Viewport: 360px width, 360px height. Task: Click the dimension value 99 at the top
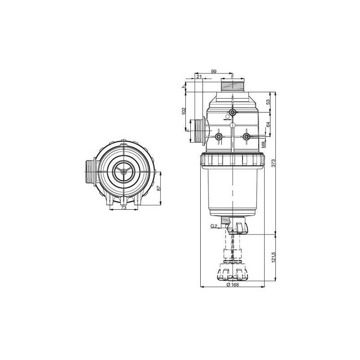[214, 72]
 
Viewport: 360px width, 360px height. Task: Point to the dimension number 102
[183, 111]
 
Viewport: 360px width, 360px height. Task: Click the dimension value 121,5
[273, 259]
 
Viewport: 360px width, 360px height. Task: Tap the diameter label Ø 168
[231, 285]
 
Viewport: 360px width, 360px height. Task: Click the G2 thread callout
[214, 226]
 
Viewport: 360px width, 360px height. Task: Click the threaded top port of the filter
[232, 85]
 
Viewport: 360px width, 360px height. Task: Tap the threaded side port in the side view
[197, 131]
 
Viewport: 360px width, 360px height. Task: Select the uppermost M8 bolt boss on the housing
[232, 112]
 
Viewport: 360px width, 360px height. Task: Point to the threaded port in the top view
[89, 171]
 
